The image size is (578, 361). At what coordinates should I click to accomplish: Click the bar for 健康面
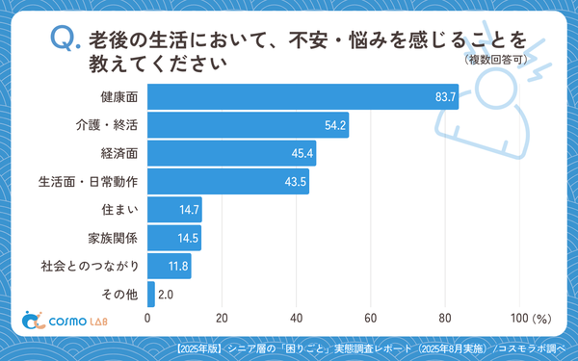[x=302, y=97]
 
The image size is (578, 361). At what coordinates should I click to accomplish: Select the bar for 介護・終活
[x=248, y=125]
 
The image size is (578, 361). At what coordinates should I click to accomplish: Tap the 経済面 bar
[x=231, y=153]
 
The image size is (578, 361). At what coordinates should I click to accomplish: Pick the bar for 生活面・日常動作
[x=228, y=181]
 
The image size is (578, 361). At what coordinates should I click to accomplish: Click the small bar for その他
[x=151, y=294]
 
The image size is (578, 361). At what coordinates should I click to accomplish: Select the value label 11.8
[x=178, y=266]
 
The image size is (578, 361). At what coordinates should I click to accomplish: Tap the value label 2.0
[x=165, y=294]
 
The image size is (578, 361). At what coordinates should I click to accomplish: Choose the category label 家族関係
[x=114, y=237]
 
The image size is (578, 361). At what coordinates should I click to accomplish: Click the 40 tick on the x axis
[x=296, y=319]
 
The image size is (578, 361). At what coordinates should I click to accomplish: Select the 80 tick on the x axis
[x=444, y=319]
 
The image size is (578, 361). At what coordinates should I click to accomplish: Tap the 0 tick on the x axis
[x=147, y=319]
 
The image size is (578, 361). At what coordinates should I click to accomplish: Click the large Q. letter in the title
[x=64, y=40]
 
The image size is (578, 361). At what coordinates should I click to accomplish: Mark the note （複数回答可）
[x=493, y=60]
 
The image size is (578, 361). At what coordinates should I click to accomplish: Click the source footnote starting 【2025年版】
[x=373, y=348]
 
